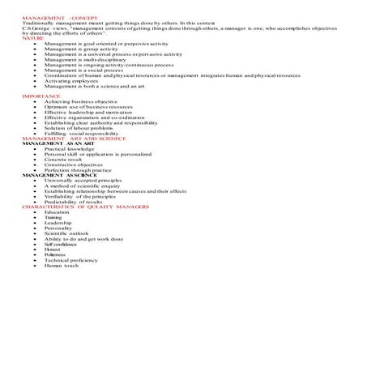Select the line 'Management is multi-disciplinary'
(84, 59)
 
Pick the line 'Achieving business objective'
(82, 101)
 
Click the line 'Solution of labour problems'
(79, 127)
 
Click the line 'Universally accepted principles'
(86, 180)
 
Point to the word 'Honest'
(53, 250)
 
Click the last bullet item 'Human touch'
(62, 265)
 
